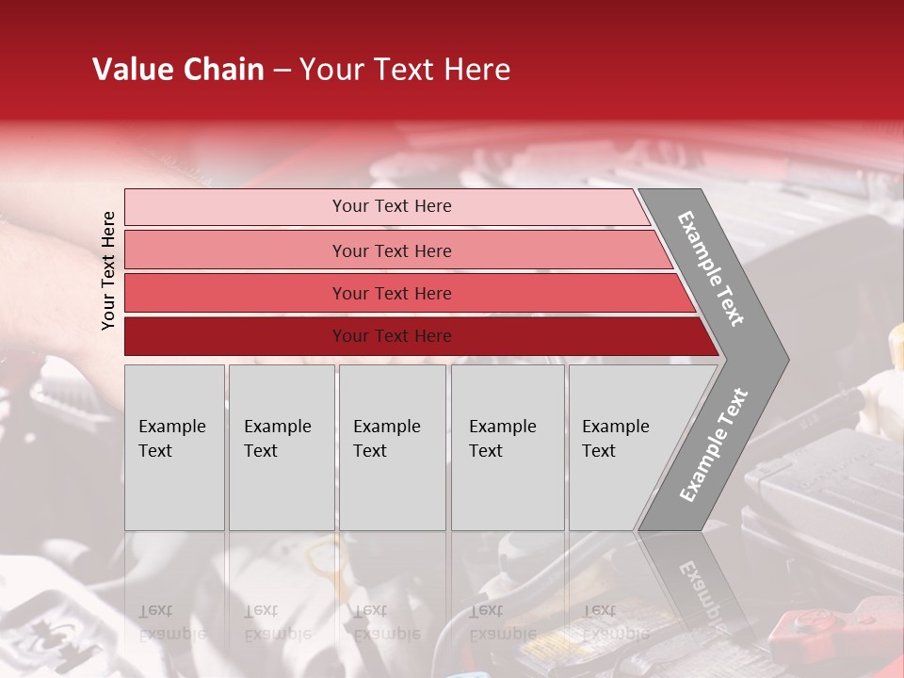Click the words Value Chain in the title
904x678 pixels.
pos(178,70)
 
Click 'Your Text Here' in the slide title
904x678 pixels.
pos(405,70)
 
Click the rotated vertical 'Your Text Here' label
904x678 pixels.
pos(108,270)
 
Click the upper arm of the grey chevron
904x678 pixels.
pos(711,268)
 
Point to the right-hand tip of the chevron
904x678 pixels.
pos(783,359)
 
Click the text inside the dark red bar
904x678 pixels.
pos(392,336)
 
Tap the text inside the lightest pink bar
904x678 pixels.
pos(392,206)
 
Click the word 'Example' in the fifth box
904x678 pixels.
pos(616,427)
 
